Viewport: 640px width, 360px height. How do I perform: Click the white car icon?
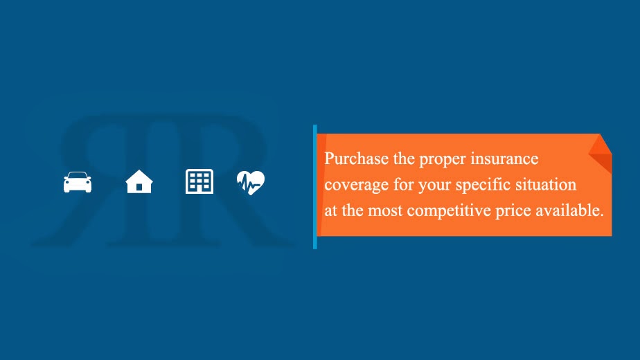click(x=78, y=182)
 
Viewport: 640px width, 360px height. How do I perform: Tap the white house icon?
click(x=139, y=181)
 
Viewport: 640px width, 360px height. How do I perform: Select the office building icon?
click(x=199, y=181)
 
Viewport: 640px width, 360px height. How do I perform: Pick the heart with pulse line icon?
click(x=250, y=182)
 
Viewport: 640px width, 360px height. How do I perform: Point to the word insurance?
click(x=504, y=159)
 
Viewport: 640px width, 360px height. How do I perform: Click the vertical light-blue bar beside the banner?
click(x=315, y=187)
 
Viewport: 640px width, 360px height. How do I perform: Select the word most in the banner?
click(x=385, y=211)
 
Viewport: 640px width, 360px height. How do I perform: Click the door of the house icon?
click(x=139, y=187)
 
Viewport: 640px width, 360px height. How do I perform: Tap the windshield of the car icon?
click(x=78, y=177)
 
